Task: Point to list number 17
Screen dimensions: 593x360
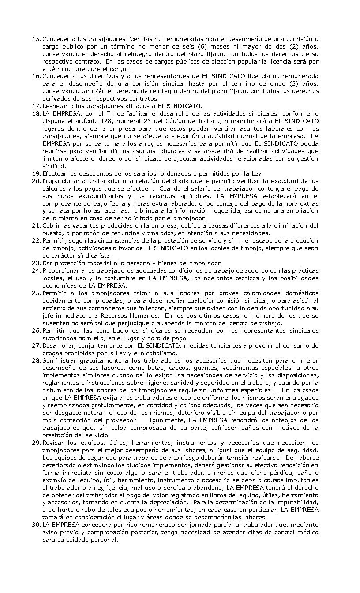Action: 36,106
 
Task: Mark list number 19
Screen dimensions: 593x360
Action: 36,173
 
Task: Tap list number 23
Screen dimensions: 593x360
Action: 36,263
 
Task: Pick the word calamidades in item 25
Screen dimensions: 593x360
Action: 260,293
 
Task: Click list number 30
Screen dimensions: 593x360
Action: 36,525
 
